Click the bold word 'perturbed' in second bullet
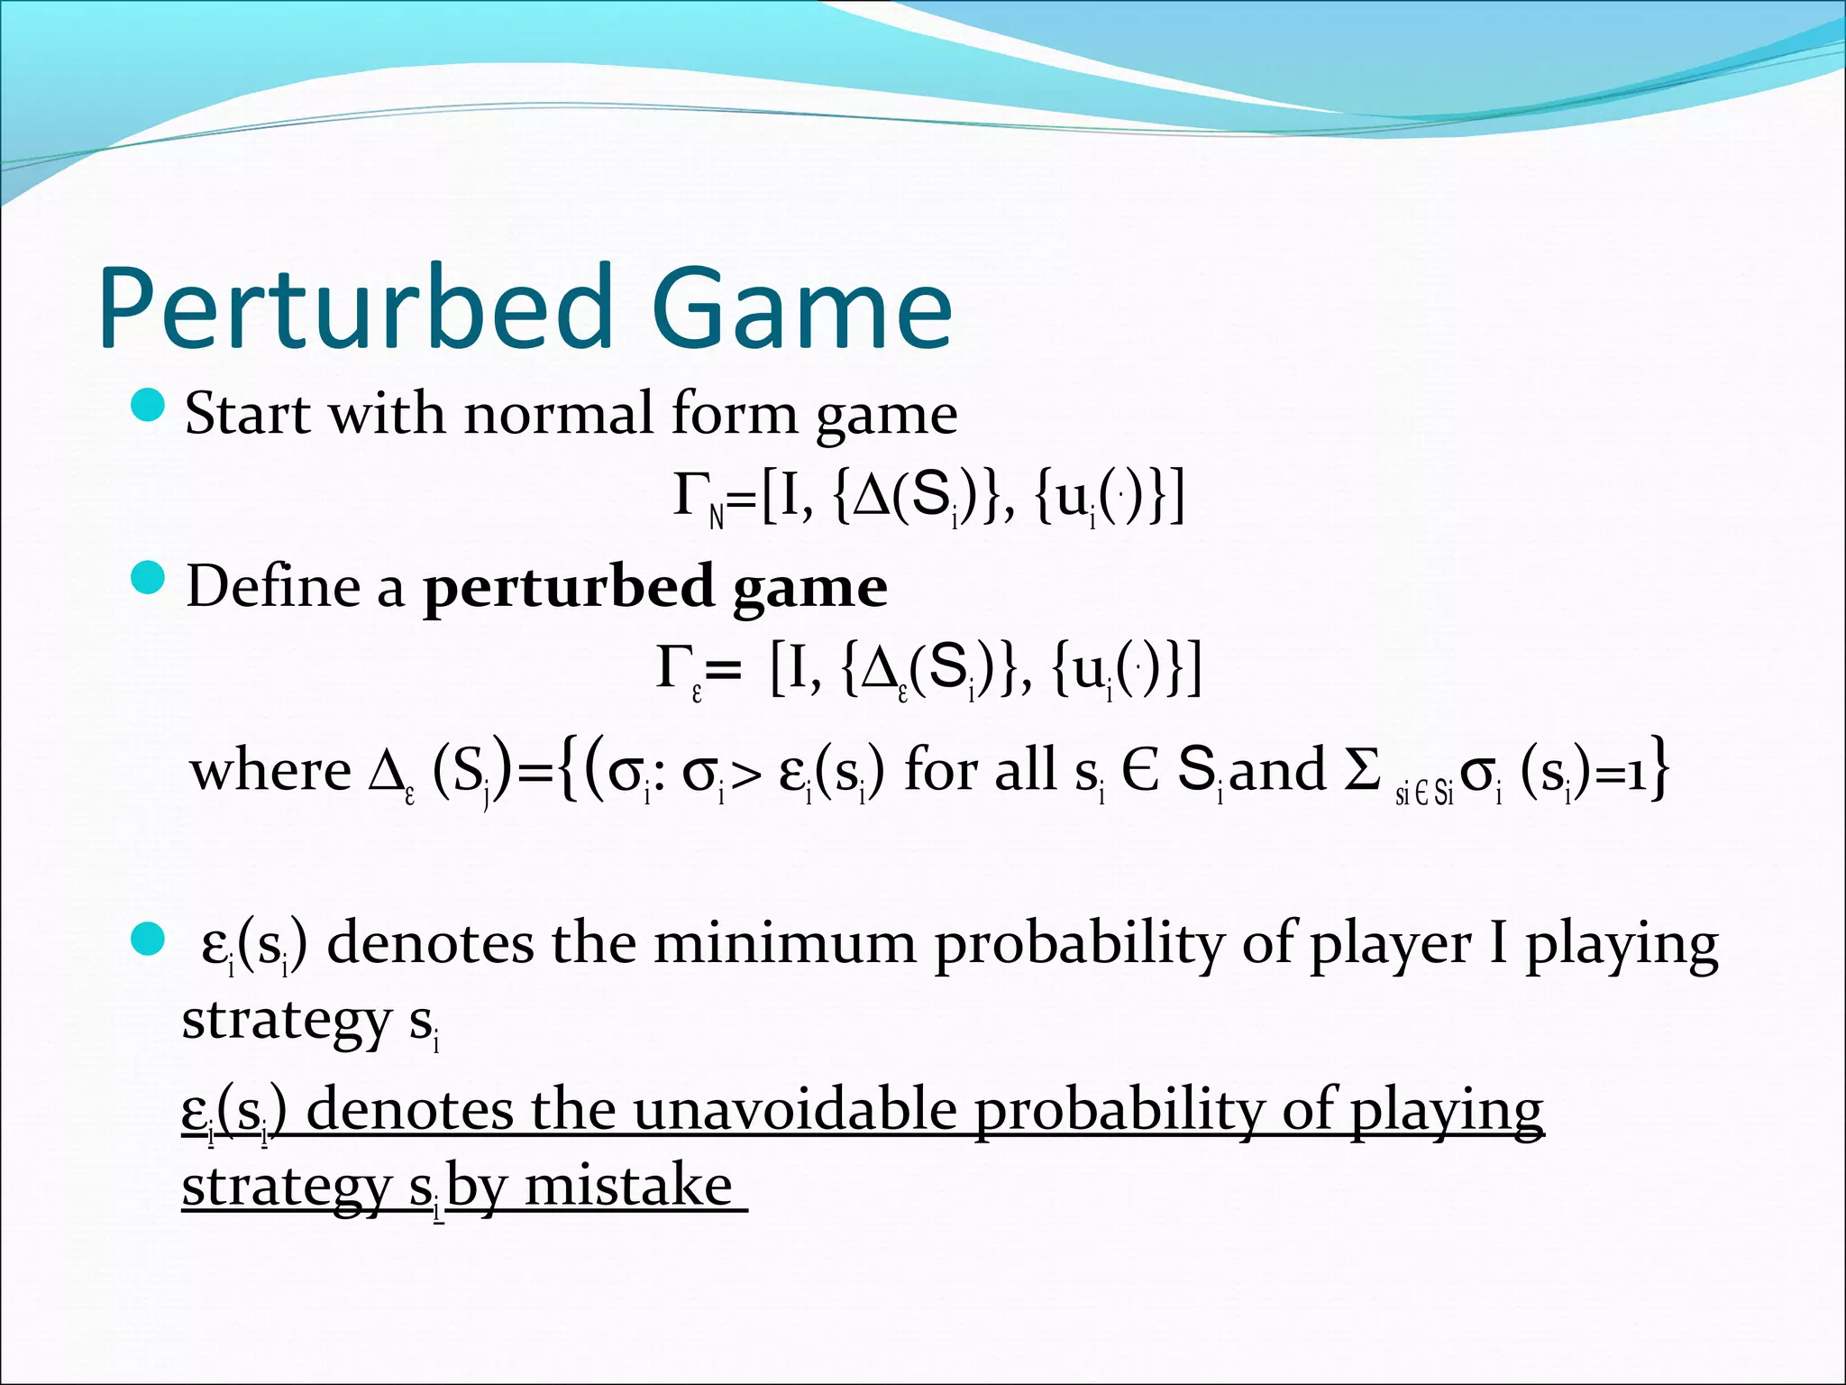coord(569,589)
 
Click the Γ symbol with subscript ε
coord(673,668)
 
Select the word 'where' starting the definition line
coord(270,772)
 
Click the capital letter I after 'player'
coord(1497,944)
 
